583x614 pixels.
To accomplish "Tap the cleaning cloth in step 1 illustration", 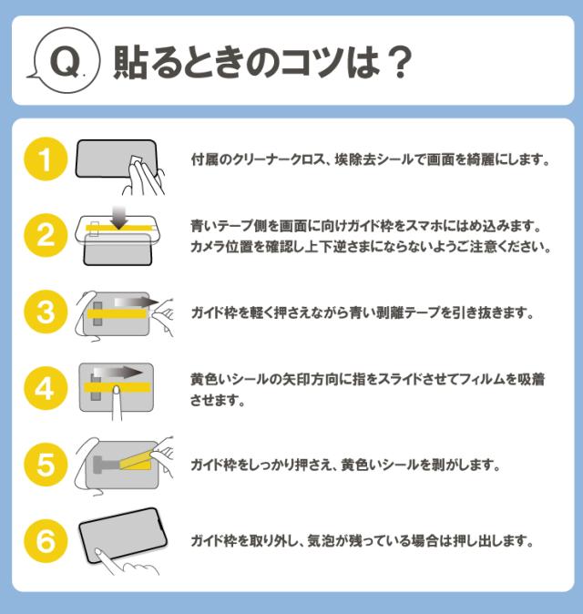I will (139, 168).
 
